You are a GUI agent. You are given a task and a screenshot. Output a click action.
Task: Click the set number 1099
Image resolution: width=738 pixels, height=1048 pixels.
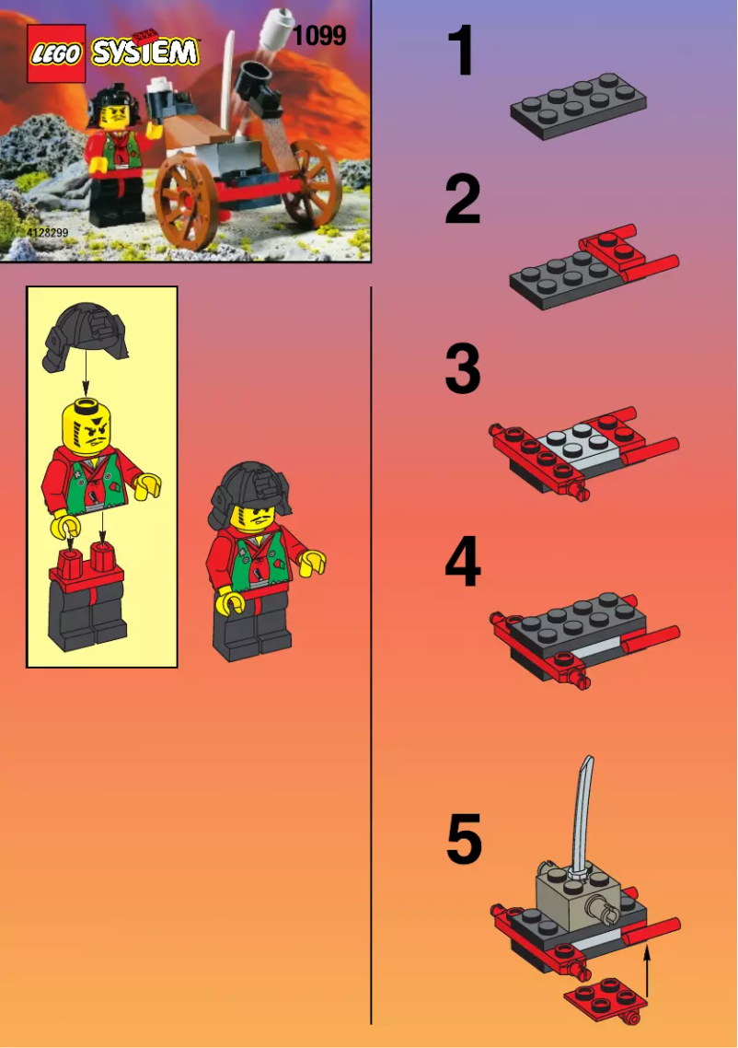click(x=318, y=36)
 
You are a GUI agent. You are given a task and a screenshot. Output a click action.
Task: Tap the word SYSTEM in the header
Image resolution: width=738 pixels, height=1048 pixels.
click(x=145, y=52)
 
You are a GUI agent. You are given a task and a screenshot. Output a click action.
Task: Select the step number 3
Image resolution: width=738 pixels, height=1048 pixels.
click(x=462, y=369)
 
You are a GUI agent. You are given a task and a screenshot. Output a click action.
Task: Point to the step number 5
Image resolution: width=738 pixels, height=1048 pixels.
click(x=464, y=840)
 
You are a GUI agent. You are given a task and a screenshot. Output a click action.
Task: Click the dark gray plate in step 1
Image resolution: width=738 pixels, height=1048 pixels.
click(x=578, y=106)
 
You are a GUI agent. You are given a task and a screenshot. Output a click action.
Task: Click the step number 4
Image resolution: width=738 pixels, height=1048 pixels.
click(x=462, y=564)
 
